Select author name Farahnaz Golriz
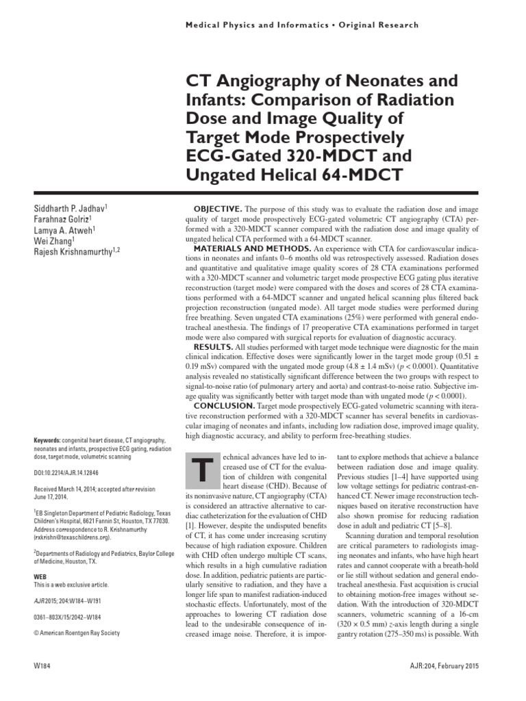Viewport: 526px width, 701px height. [x=63, y=219]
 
